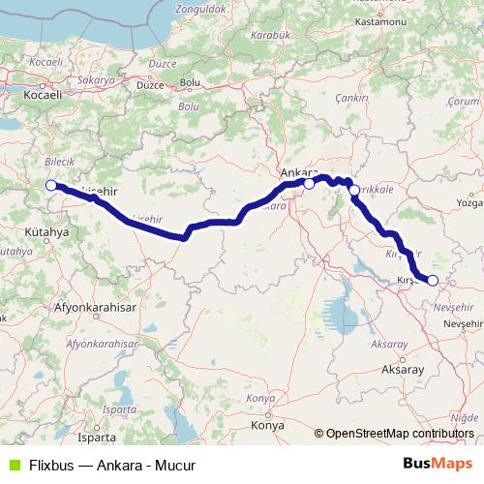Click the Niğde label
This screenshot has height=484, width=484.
coord(467,416)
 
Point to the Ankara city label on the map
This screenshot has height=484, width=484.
coord(297,172)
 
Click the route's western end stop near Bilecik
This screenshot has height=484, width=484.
coord(51,187)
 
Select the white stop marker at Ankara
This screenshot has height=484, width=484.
coord(309,182)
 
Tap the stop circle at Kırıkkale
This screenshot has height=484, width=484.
coord(355,191)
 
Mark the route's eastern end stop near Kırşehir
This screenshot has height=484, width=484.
coord(433,281)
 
